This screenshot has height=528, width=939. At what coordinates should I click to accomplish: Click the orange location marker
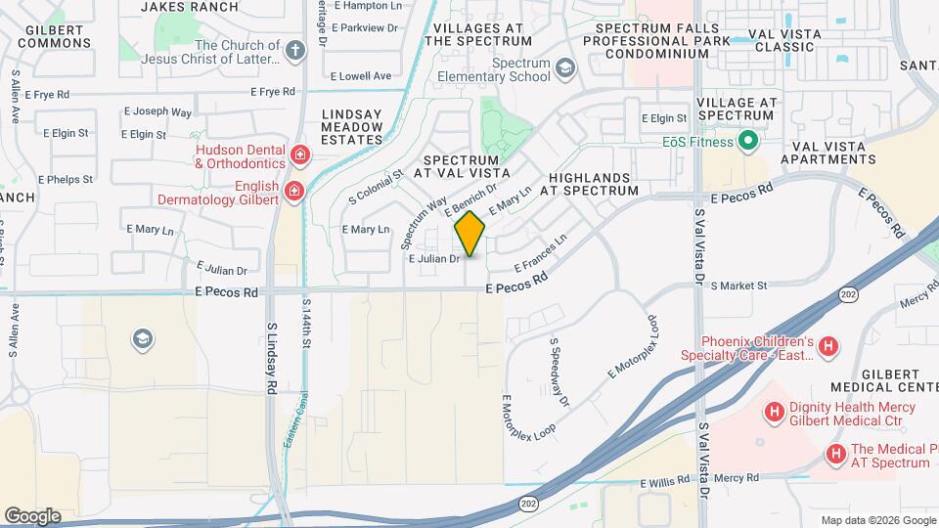click(x=469, y=233)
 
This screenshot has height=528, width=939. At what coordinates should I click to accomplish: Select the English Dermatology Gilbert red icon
click(x=294, y=190)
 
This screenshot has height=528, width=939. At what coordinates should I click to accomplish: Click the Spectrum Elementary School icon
click(x=564, y=68)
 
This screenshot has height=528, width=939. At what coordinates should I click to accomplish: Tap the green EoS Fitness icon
click(x=748, y=142)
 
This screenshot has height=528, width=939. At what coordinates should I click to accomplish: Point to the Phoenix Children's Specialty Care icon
click(x=828, y=346)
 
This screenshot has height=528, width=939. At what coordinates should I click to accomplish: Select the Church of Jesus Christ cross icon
click(x=294, y=50)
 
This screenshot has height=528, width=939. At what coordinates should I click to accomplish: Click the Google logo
click(x=32, y=516)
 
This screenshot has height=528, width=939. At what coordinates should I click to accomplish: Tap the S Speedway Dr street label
click(x=559, y=373)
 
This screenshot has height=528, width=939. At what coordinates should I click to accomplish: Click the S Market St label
click(x=738, y=286)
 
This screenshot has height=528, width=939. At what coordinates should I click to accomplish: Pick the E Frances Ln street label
click(x=541, y=252)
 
